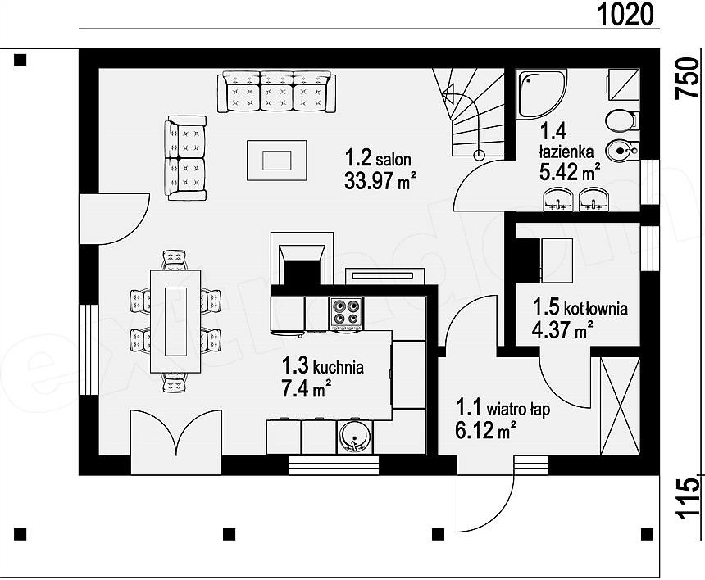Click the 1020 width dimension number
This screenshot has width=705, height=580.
click(625, 14)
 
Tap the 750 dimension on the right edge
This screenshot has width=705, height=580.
click(688, 78)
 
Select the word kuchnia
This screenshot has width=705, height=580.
click(338, 367)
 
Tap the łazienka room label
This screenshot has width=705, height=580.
click(566, 152)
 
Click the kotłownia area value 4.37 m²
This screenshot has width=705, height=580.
click(562, 330)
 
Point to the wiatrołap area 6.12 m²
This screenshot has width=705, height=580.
click(485, 430)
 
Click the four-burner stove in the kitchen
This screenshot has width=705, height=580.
click(346, 313)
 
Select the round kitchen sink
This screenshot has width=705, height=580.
click(355, 437)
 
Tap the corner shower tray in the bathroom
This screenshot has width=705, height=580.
click(541, 94)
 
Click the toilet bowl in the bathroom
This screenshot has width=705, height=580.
click(621, 120)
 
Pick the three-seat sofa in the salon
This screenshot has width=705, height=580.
click(276, 91)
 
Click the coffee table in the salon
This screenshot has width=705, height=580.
click(277, 161)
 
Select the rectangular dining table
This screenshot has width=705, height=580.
click(175, 321)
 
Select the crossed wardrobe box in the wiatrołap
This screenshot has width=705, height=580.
click(620, 406)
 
